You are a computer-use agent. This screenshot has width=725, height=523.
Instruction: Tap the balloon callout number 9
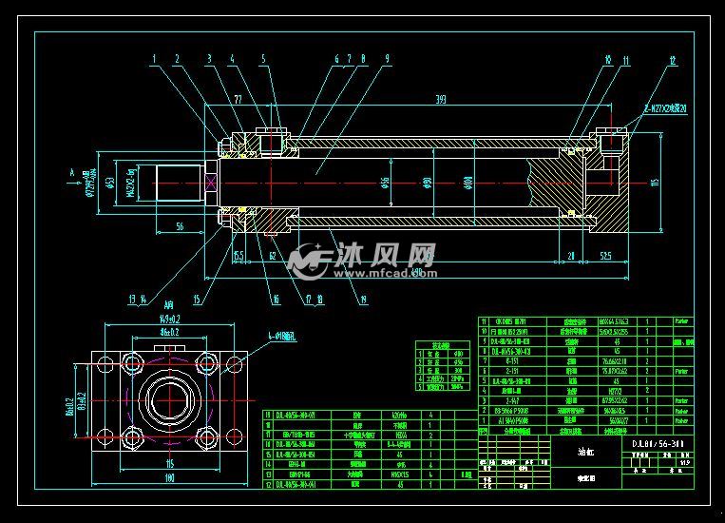coord(387,59)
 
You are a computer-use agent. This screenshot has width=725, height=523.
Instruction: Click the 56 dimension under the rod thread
coord(180,226)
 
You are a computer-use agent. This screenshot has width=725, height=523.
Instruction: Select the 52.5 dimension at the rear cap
coord(605,255)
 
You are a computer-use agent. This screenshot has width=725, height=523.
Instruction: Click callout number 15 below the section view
coord(197,302)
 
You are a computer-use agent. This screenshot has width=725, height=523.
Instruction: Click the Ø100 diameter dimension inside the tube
coord(467,181)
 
